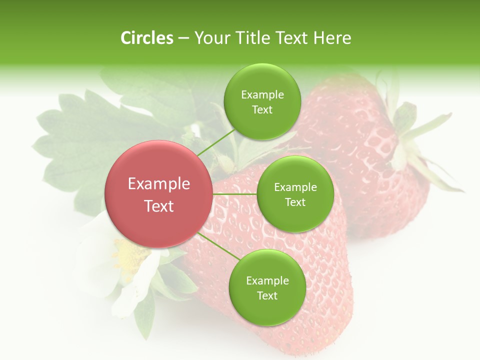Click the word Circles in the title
[x=147, y=38]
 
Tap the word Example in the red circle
[x=159, y=184]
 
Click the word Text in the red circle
[x=159, y=206]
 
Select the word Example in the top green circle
[x=262, y=95]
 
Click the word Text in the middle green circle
[x=295, y=202]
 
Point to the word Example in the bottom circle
[x=267, y=280]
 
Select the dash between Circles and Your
[x=183, y=38]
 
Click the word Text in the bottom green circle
[x=267, y=295]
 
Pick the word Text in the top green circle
[x=262, y=109]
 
